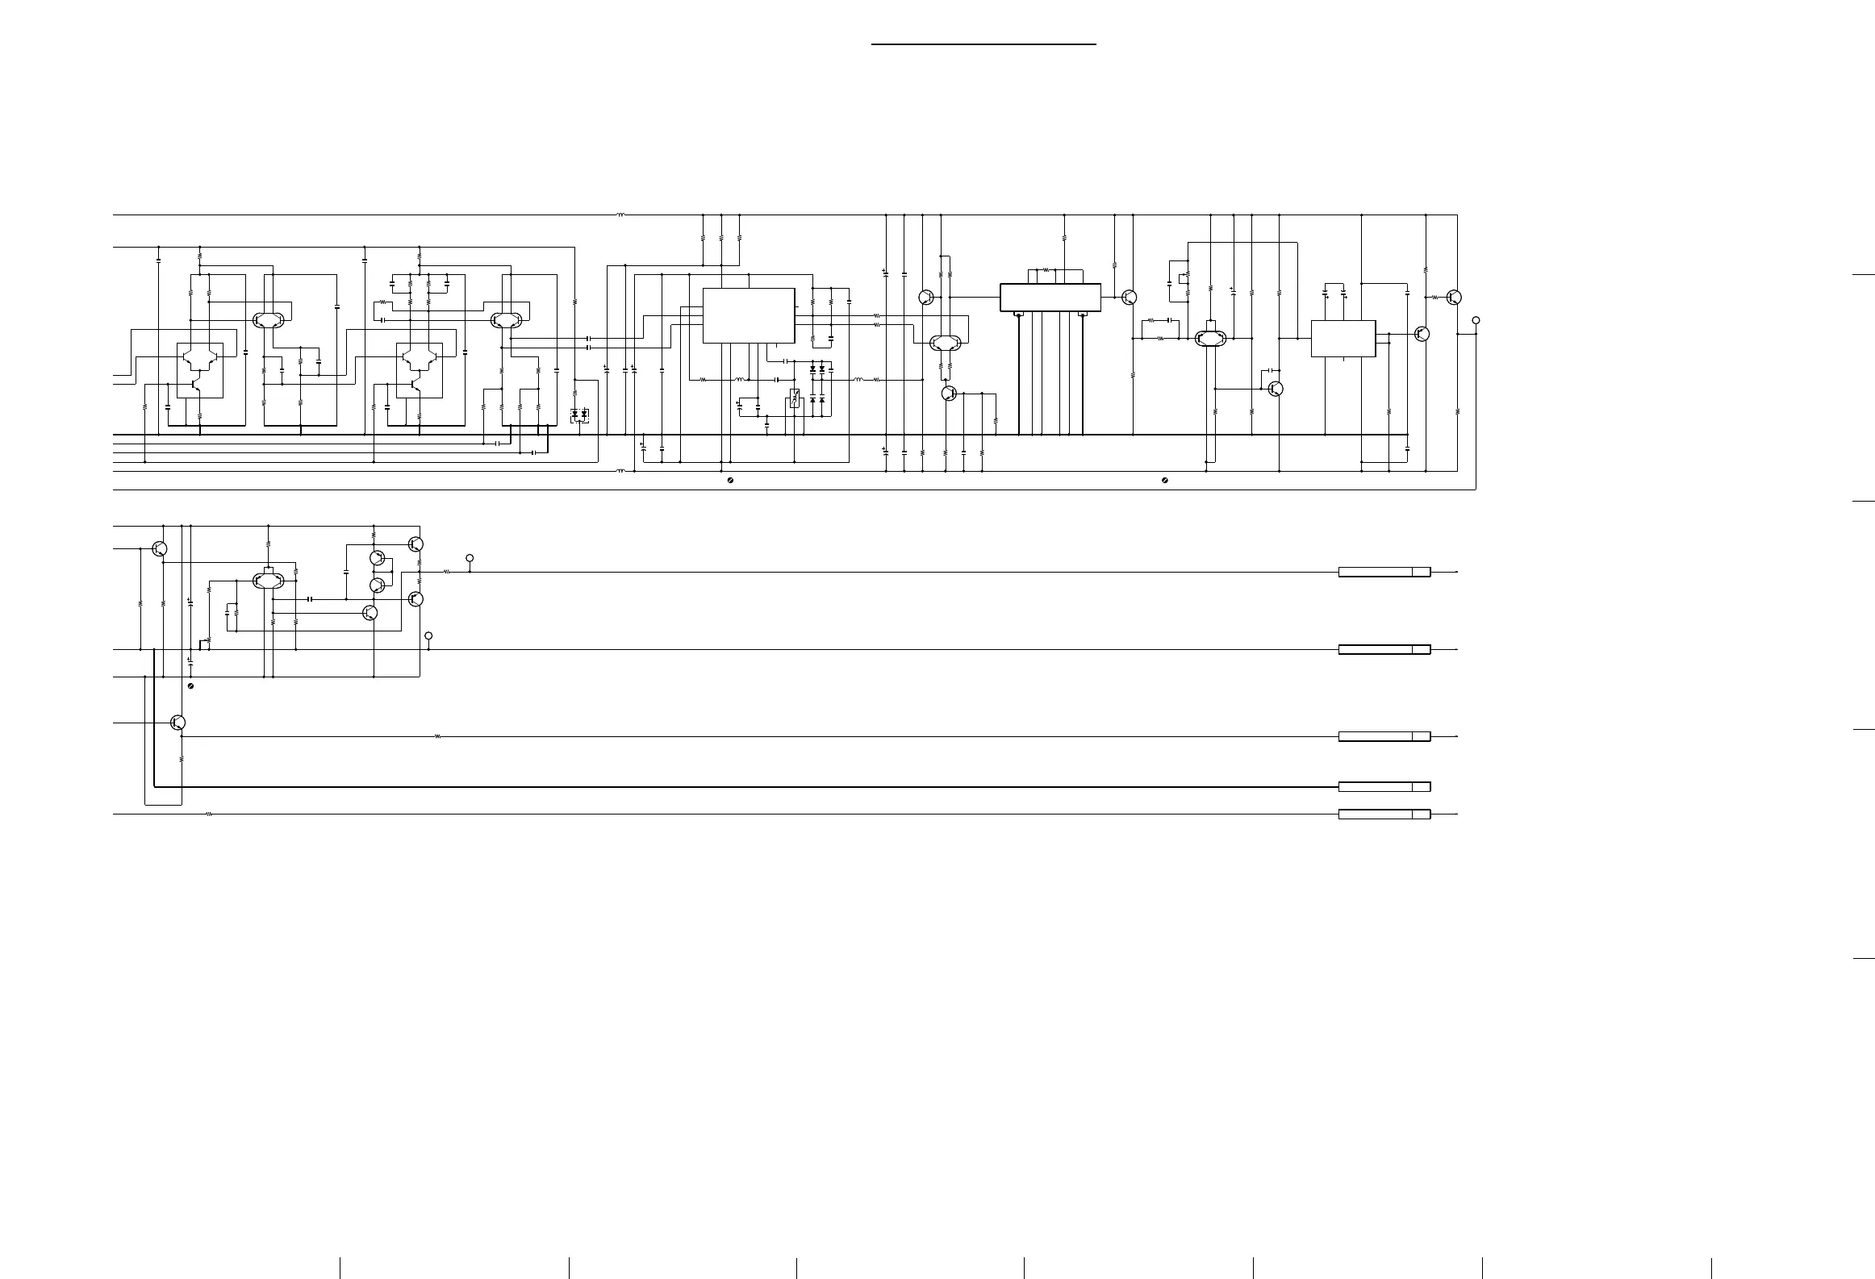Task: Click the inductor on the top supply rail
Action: tap(620, 215)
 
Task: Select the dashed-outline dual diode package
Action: tap(579, 415)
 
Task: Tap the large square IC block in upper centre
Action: tap(749, 315)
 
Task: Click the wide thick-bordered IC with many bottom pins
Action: tap(1050, 297)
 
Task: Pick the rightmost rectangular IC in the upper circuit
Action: tap(1343, 339)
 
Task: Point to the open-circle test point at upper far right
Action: tap(1476, 320)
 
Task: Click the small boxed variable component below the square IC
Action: tap(794, 398)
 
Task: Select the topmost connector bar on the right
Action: tap(1384, 572)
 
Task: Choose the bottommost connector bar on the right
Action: tap(1384, 814)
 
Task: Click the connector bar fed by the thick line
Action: tap(1384, 786)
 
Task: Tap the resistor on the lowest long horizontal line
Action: tap(209, 814)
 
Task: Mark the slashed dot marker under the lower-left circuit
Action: tap(190, 685)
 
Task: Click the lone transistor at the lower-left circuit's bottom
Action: tap(178, 723)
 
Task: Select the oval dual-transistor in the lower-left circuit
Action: tap(269, 580)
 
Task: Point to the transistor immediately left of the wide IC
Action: tap(926, 298)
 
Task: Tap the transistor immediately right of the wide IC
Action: tap(1129, 298)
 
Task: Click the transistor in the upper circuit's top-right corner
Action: tap(1453, 298)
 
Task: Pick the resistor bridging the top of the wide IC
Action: tap(1046, 269)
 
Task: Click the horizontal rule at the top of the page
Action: tap(983, 44)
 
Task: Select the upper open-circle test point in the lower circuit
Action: tap(470, 558)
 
